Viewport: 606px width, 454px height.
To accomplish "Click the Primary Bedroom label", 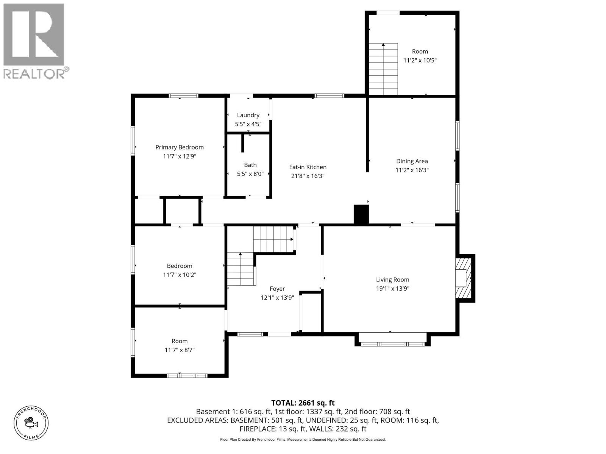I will pos(180,147).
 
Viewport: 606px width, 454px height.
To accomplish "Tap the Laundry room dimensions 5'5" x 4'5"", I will pos(248,124).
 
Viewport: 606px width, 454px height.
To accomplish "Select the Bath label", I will pos(250,165).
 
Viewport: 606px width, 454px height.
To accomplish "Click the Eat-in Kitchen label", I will pos(308,167).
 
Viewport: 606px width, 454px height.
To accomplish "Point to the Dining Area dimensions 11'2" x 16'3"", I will pos(412,170).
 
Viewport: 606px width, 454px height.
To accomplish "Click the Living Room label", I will pos(392,280).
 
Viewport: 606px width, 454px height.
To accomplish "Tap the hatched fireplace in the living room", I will pos(464,278).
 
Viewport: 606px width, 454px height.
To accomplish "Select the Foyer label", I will pos(277,289).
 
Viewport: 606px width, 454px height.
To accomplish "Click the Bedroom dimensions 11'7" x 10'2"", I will pos(180,275).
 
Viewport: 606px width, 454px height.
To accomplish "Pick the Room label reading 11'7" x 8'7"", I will pos(180,341).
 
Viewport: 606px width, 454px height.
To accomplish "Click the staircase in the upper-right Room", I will pos(383,69).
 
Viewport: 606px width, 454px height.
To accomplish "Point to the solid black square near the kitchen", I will pos(361,215).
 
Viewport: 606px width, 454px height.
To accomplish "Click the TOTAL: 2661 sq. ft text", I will pos(303,403).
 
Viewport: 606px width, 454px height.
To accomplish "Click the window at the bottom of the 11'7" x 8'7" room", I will pos(187,376).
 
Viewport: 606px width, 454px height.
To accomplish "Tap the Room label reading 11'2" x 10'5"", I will pos(420,51).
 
